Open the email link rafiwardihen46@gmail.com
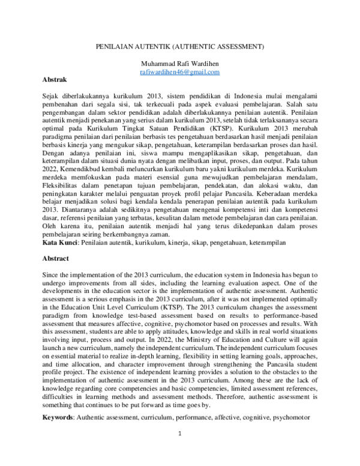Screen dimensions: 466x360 tap(179, 71)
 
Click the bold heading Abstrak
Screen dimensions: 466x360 tap(55, 79)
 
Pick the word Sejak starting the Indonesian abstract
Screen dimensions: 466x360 tap(52, 96)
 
